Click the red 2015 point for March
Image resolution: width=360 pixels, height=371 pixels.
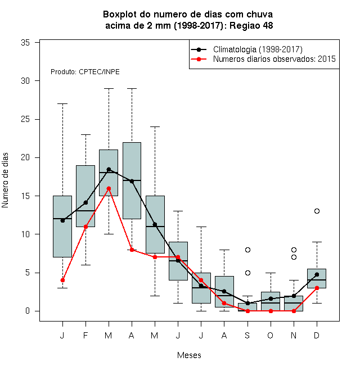pos(109,188)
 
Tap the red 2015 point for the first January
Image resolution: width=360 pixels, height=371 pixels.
pos(62,280)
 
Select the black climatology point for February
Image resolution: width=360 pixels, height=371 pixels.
pos(85,202)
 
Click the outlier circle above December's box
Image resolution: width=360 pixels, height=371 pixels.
pos(317,211)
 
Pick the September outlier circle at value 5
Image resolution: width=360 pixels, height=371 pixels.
pos(247,273)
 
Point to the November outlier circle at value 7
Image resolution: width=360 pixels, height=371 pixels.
pos(294,257)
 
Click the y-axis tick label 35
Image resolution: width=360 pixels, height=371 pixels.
pos(25,43)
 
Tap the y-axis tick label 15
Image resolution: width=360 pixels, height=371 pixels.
pos(25,196)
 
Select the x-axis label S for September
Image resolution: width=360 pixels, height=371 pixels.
pos(247,335)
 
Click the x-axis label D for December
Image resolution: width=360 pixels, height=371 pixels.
pos(317,335)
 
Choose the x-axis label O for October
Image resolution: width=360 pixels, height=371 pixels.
pos(270,335)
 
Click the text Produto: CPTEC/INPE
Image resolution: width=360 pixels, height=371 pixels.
pos(85,72)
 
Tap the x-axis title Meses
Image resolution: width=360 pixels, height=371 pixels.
pos(189,355)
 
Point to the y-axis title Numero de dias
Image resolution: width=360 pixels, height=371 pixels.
pos(5,180)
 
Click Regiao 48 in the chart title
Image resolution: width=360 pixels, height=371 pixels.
pos(251,25)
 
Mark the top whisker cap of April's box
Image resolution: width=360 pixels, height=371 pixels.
pos(132,88)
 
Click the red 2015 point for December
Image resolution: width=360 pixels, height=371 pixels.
pos(317,288)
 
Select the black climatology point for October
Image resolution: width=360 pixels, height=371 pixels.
pos(271,298)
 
